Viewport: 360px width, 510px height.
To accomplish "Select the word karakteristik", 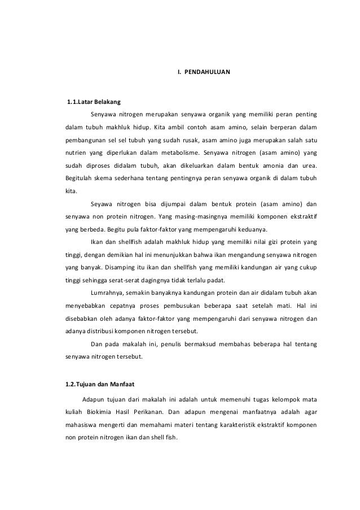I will click(226, 425).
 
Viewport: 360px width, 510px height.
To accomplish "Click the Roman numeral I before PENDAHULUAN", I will click(178, 73).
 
